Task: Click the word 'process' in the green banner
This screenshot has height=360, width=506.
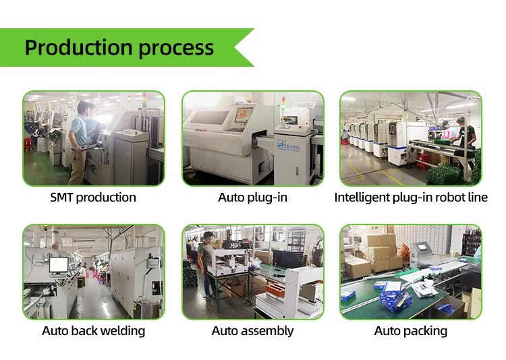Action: (177, 49)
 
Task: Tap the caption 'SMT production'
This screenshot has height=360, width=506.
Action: (93, 198)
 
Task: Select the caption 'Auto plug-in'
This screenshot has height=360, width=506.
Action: (252, 198)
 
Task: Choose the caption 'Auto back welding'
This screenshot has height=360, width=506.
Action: (93, 331)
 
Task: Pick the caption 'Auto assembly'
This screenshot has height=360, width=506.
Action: (252, 331)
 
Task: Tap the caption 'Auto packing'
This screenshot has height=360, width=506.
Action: (411, 331)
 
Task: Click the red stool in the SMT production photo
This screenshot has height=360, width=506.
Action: (28, 145)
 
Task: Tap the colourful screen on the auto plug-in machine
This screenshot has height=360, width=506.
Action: (244, 115)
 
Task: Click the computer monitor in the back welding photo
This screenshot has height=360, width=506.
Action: (59, 264)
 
